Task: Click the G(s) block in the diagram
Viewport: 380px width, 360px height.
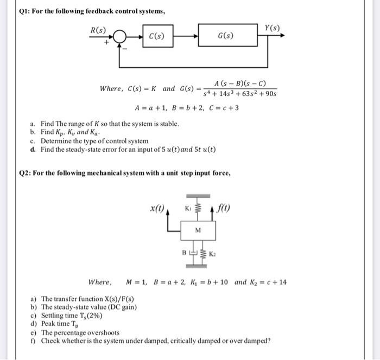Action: point(225,37)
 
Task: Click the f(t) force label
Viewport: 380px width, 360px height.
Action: point(223,207)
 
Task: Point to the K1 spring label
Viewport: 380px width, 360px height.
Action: point(188,208)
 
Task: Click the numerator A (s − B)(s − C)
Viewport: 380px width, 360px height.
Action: point(239,83)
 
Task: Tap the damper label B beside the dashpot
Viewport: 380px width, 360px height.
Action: point(183,253)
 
